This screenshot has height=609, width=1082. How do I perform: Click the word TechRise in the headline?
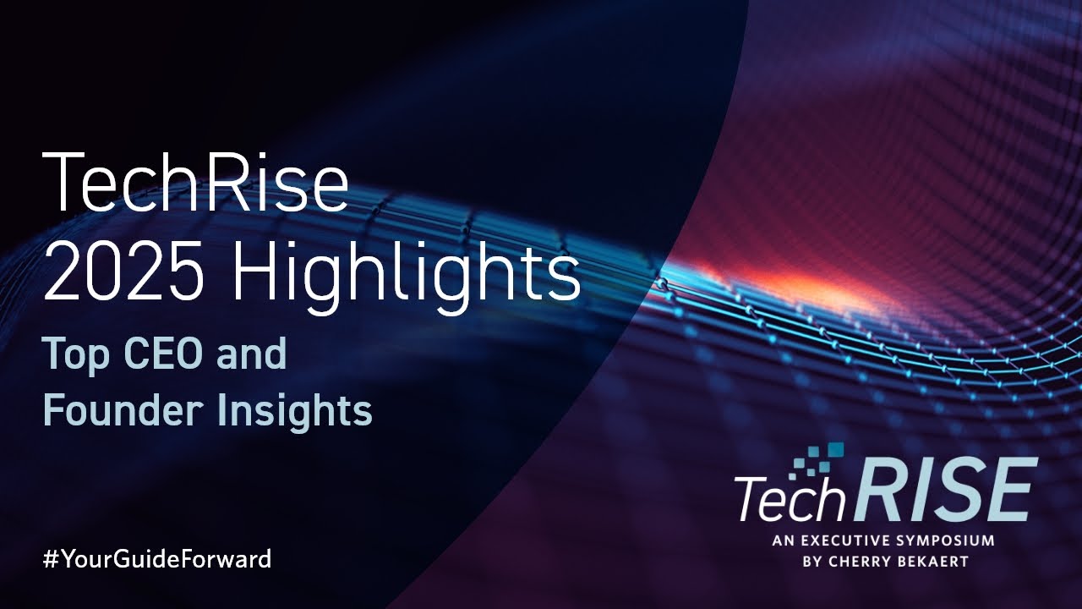coord(195,182)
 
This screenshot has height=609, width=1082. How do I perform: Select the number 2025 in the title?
coord(123,274)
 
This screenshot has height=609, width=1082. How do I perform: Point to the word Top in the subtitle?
coord(76,356)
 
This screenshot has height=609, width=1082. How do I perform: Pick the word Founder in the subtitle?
coord(123,409)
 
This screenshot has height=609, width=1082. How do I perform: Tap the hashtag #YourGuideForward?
coord(157,559)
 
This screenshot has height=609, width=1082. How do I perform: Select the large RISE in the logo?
coord(943,490)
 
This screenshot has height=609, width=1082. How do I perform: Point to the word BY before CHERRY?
coord(811,562)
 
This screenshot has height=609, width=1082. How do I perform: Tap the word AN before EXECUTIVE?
coord(783,540)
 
